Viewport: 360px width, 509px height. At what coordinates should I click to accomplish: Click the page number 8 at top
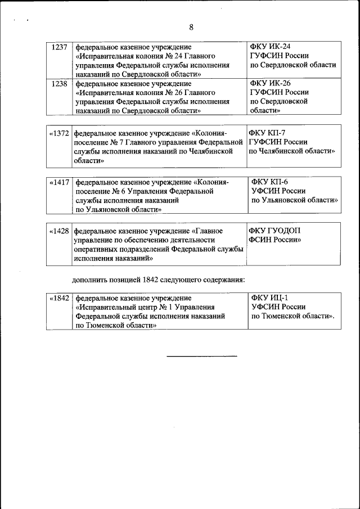(x=191, y=28)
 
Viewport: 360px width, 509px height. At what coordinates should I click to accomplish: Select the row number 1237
(x=59, y=47)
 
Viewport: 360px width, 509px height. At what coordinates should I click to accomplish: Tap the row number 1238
(x=59, y=84)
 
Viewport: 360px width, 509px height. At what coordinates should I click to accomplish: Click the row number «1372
(x=59, y=133)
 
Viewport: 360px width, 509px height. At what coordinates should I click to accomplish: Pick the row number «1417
(x=59, y=182)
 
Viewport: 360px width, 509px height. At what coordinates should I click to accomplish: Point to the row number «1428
(x=59, y=231)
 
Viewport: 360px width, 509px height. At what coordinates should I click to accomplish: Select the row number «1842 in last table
(x=59, y=298)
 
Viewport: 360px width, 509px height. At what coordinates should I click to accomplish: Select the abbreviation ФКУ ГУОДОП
(x=275, y=231)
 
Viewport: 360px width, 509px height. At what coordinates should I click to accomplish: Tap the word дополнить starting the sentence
(x=91, y=280)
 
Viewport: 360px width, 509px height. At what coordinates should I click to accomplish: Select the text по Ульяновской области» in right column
(x=294, y=200)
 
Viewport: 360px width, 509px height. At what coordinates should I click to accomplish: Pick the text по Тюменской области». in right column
(x=292, y=316)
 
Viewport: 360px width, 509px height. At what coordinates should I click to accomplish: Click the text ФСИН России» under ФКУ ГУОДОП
(x=274, y=240)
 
